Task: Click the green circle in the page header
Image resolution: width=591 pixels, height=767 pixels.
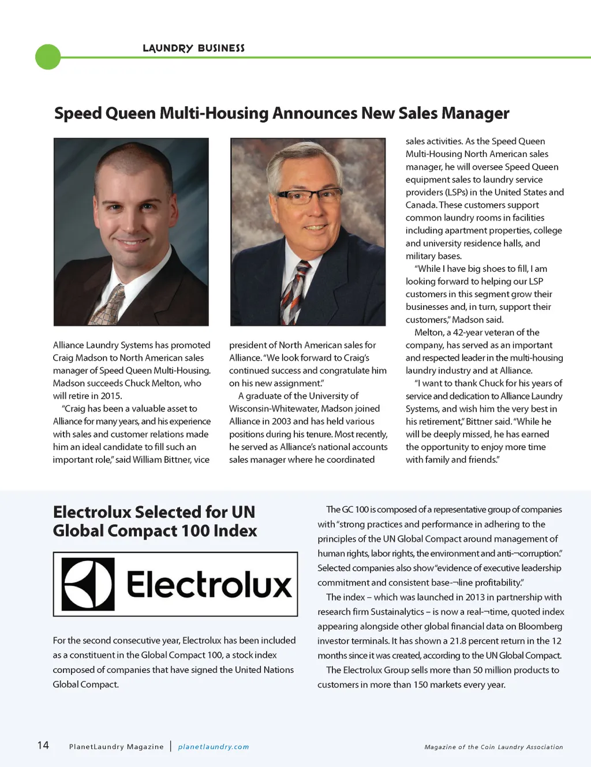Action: pos(48,57)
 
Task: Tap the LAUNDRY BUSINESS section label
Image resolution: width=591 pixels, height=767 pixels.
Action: pos(193,48)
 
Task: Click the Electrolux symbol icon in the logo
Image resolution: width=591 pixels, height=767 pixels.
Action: pos(88,584)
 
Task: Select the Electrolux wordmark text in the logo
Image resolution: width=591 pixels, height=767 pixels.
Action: pos(209,584)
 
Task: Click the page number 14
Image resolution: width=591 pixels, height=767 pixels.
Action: pos(43,745)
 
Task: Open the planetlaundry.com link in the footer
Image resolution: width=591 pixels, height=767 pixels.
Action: pos(214,747)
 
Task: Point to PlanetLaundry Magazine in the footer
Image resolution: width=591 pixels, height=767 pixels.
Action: pos(116,747)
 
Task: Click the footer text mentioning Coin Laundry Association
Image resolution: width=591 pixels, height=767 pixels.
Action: pos(493,747)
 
